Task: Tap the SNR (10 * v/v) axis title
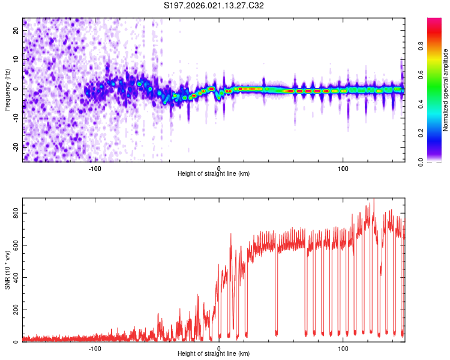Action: tap(7, 270)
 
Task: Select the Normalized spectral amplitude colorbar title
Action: tap(446, 90)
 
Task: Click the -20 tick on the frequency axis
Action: tap(16, 146)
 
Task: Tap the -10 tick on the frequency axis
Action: tap(16, 118)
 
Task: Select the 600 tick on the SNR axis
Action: tap(16, 245)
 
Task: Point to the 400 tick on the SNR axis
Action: tap(16, 278)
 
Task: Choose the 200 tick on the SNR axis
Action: tap(16, 310)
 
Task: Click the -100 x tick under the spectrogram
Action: tap(95, 168)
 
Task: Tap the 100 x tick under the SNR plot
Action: tap(343, 348)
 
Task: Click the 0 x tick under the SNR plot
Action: tap(219, 348)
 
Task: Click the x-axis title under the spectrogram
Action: tap(214, 174)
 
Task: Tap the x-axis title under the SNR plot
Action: tap(214, 354)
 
